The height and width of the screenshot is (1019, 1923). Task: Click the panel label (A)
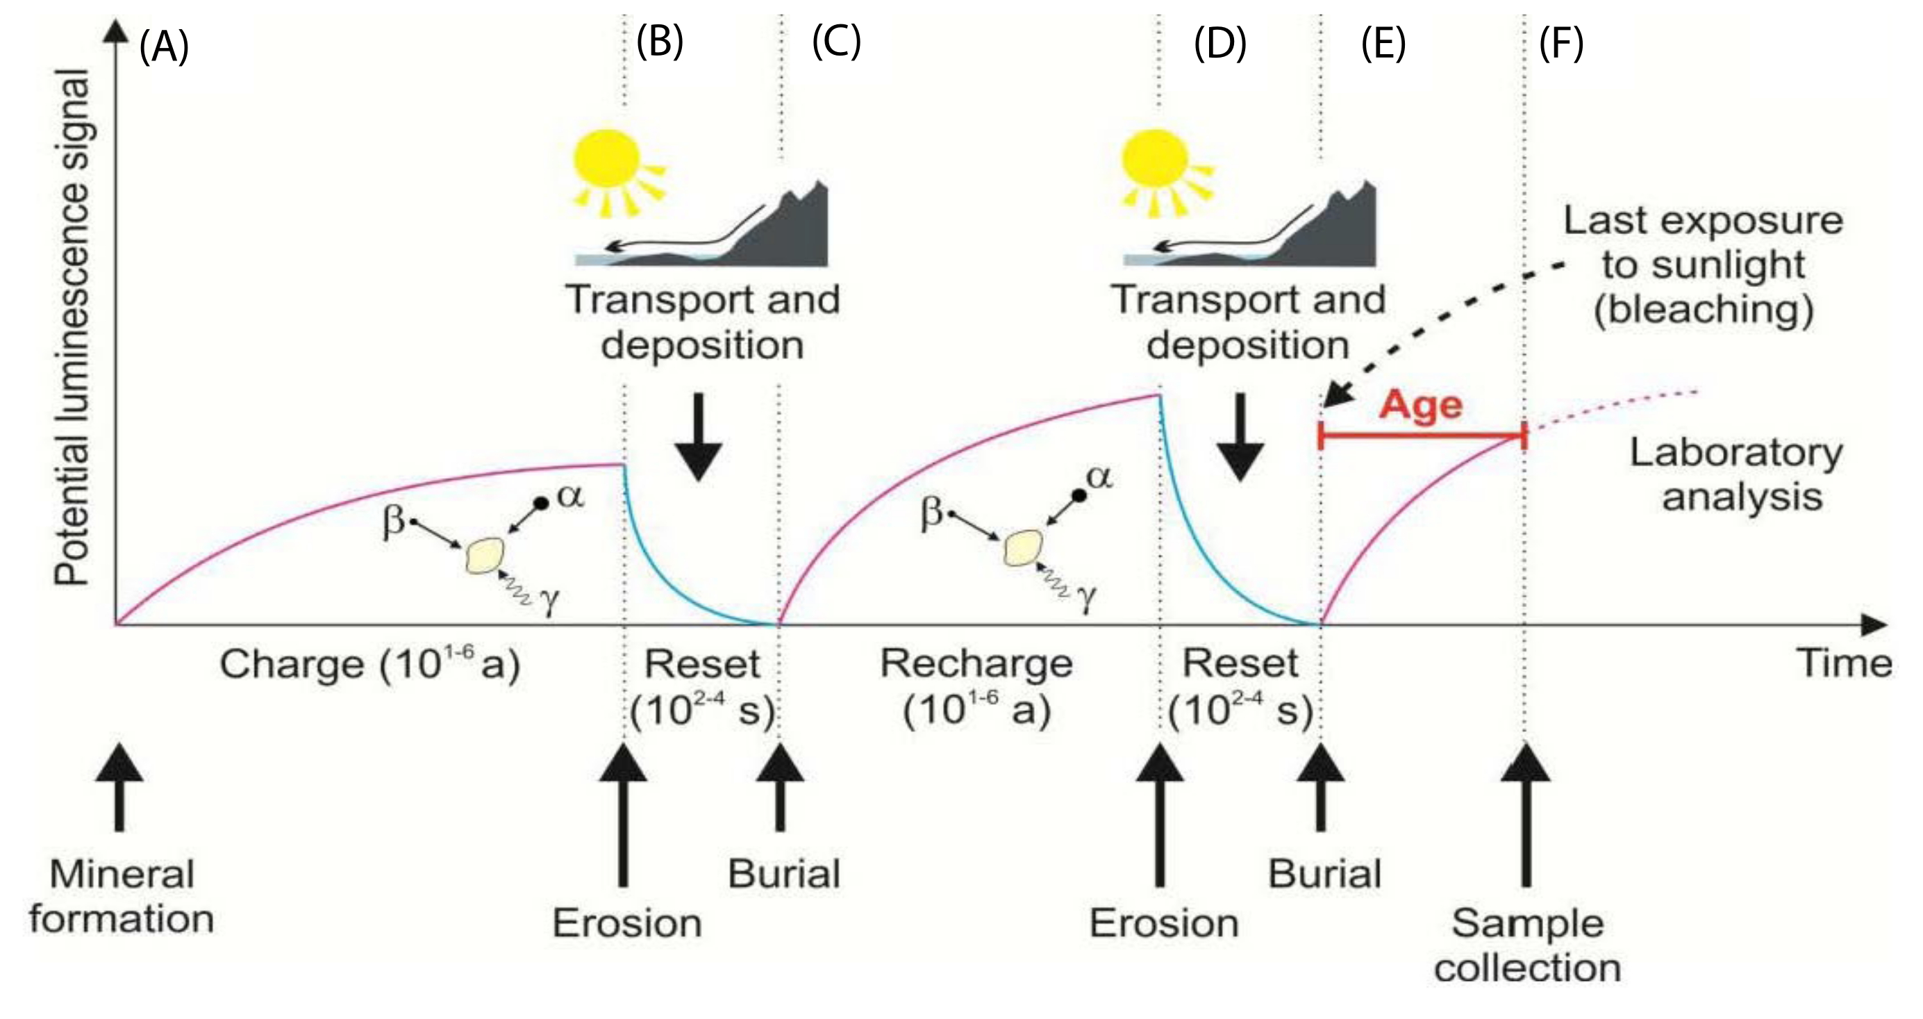coord(163,47)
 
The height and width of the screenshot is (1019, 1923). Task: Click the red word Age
coord(1421,406)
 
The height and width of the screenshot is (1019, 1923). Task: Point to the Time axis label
coord(1844,663)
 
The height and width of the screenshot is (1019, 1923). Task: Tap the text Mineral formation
coord(122,896)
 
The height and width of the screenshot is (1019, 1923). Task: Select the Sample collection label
coord(1527,946)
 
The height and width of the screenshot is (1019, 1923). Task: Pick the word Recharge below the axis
coord(976,663)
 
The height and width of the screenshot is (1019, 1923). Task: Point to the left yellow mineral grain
coord(485,556)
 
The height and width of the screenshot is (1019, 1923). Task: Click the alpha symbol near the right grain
coord(1098,477)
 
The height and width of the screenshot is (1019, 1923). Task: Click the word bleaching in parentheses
coord(1704,309)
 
